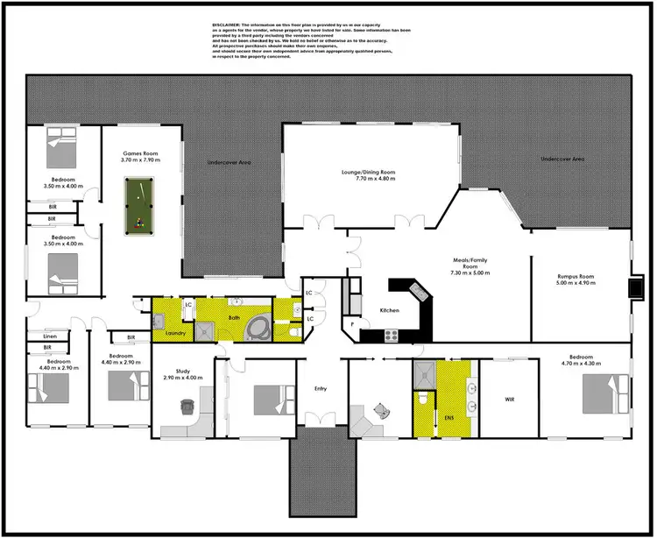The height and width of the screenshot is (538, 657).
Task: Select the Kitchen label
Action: point(390,310)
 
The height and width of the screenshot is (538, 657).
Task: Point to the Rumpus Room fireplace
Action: point(636,287)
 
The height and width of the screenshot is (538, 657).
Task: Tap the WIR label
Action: point(510,400)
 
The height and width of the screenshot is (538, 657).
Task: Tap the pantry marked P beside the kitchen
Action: point(353,325)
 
